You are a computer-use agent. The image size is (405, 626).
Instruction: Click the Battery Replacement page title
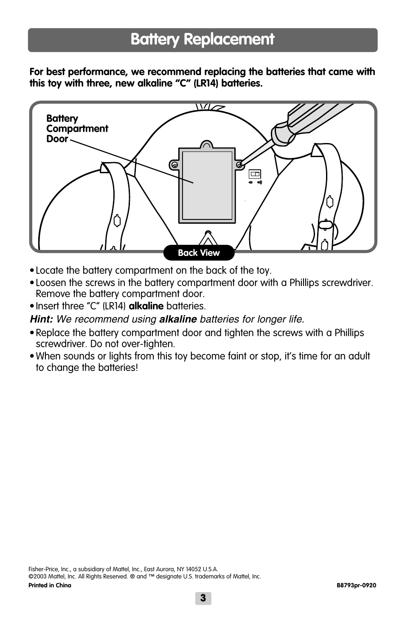(x=202, y=39)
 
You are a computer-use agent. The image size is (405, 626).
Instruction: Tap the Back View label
(x=199, y=253)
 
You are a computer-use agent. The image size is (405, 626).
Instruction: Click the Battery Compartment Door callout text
(x=77, y=129)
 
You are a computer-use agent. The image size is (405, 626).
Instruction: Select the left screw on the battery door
(x=174, y=165)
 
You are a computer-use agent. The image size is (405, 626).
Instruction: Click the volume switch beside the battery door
(x=255, y=174)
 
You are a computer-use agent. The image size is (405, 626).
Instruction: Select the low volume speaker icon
(x=250, y=182)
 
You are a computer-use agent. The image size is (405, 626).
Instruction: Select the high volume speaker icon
(x=259, y=182)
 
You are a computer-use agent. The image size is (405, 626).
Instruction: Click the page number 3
(x=203, y=598)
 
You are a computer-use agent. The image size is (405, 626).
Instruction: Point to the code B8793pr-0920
(x=356, y=585)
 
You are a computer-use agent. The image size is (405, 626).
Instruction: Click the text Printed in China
(x=50, y=585)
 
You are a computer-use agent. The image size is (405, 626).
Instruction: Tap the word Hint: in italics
(x=41, y=319)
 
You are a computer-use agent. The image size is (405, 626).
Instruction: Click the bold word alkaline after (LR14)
(x=146, y=306)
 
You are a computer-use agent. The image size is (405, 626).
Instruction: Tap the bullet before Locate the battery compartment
(x=32, y=271)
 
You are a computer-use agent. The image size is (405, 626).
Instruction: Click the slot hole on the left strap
(x=117, y=221)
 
